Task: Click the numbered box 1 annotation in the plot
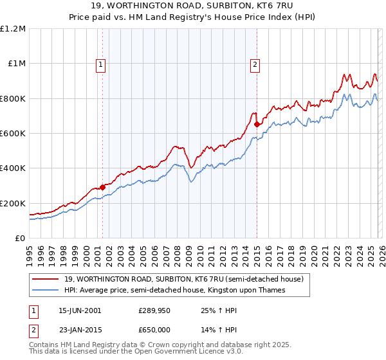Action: tap(102, 64)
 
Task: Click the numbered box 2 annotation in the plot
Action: tap(255, 64)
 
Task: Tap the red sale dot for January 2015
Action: tap(257, 125)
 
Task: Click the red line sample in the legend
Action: tap(46, 279)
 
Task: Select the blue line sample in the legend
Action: tap(46, 290)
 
